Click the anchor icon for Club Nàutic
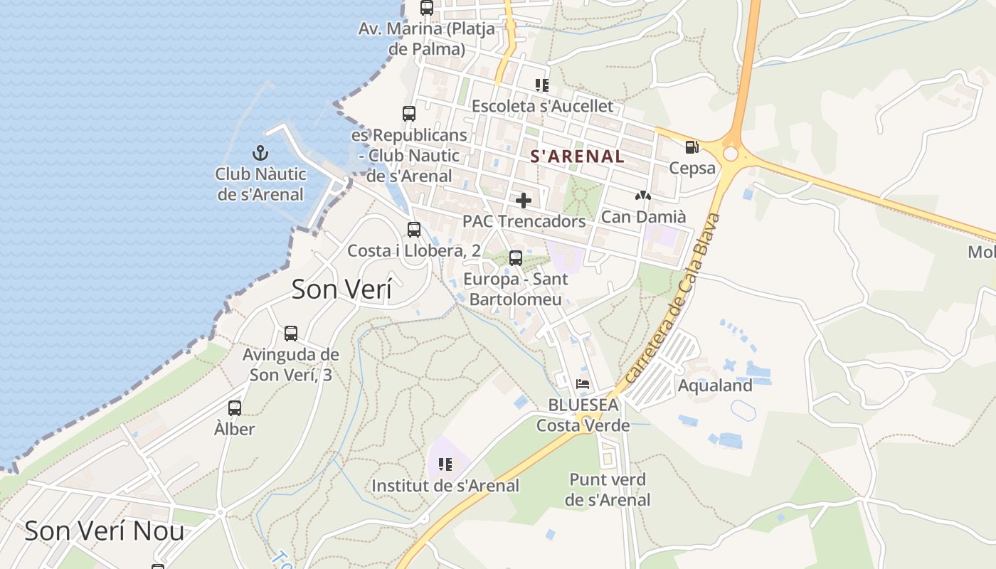(260, 153)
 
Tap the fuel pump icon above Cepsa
(692, 147)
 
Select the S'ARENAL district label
(577, 156)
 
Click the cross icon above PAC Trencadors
(524, 201)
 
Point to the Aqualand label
(715, 385)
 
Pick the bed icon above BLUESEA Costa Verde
(583, 384)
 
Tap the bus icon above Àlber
(235, 408)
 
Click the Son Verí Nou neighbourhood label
(105, 531)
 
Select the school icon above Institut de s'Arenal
(445, 465)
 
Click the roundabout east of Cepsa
(731, 154)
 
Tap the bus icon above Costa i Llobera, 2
(414, 230)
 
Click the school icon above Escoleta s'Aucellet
(542, 85)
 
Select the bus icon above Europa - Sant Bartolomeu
(516, 258)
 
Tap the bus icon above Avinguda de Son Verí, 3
(291, 334)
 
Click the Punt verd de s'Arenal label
(608, 489)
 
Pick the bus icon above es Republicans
(409, 114)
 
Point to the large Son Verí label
(341, 289)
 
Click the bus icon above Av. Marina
(427, 8)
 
